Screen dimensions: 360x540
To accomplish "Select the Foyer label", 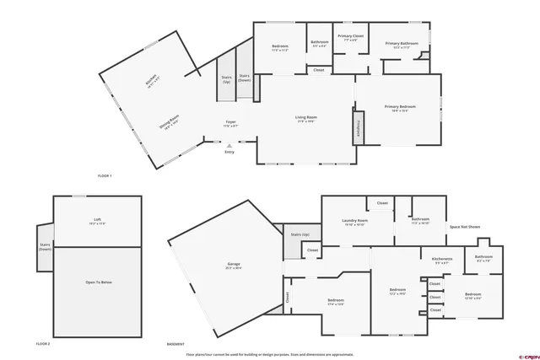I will pyautogui.click(x=230, y=123).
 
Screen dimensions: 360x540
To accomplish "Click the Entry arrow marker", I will pyautogui.click(x=229, y=145).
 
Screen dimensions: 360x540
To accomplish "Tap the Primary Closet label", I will pyautogui.click(x=350, y=37).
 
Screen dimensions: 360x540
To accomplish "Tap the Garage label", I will pyautogui.click(x=233, y=266).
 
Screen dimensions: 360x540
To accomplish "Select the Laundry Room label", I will pyautogui.click(x=354, y=223).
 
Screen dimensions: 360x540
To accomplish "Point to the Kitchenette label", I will pyautogui.click(x=442, y=260).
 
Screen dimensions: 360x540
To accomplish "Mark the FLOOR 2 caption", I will pyautogui.click(x=43, y=344).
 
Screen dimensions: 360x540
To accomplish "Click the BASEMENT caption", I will pyautogui.click(x=175, y=344).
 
